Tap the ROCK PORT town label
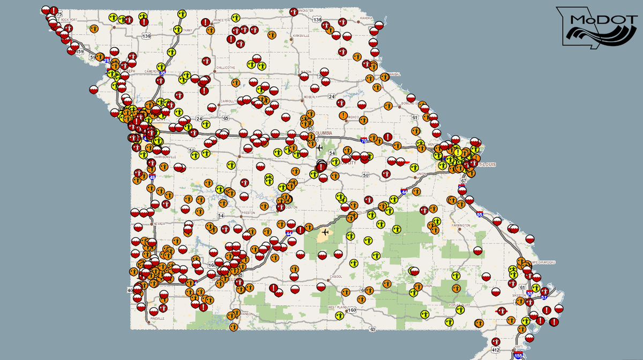[x=70, y=20]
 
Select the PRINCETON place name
[x=221, y=20]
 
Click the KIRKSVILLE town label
[x=301, y=36]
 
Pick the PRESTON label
[x=249, y=212]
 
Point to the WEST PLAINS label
[x=339, y=308]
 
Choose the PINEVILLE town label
[x=158, y=318]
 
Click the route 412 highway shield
[x=495, y=350]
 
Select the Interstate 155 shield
[x=518, y=355]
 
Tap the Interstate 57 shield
[x=544, y=297]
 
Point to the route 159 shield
[x=80, y=52]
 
